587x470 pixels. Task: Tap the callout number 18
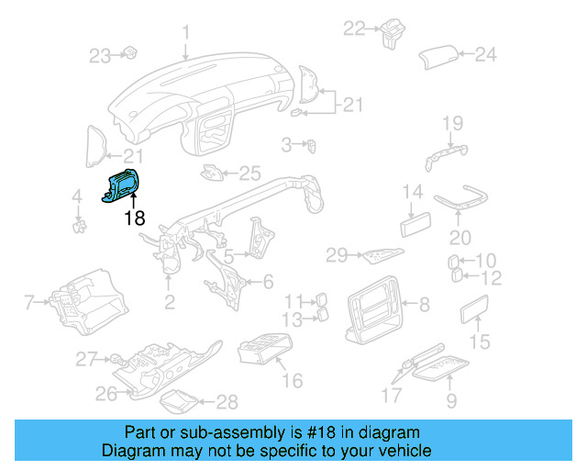pyautogui.click(x=135, y=218)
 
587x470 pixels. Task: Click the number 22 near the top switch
pyautogui.click(x=355, y=28)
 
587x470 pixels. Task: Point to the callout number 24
pyautogui.click(x=485, y=54)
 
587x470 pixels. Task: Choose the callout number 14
pyautogui.click(x=413, y=193)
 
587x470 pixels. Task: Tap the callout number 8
pyautogui.click(x=424, y=304)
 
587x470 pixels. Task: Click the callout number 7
pyautogui.click(x=28, y=300)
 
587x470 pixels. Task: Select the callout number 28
pyautogui.click(x=227, y=401)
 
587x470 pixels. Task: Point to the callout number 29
pyautogui.click(x=337, y=253)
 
